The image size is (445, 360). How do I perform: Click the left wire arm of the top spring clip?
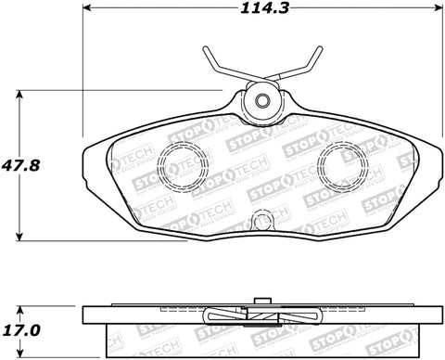(x=218, y=65)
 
